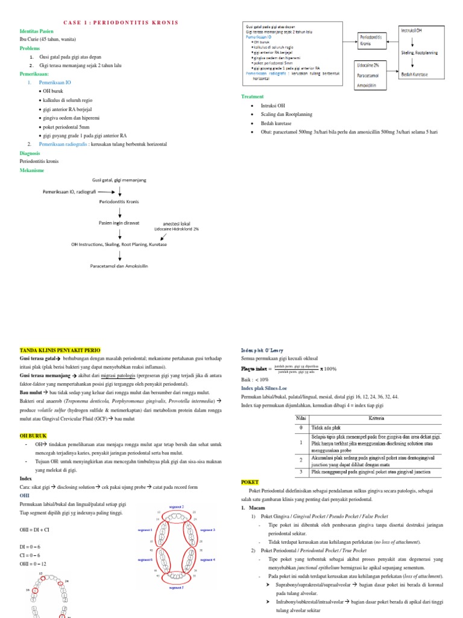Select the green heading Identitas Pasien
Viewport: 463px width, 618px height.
point(37,31)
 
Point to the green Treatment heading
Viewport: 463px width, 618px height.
point(253,97)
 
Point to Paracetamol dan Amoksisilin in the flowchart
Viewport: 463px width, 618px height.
point(119,265)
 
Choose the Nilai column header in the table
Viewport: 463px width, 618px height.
point(301,418)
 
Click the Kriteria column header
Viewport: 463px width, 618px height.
point(377,418)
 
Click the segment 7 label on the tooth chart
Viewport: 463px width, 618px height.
point(176,587)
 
